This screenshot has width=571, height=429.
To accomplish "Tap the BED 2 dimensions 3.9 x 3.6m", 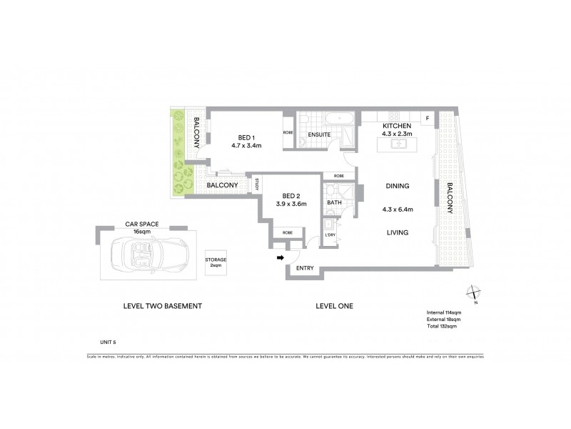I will coord(292,204).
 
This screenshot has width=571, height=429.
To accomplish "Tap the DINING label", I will coord(398,186).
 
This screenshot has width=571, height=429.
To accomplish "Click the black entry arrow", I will coord(280,257).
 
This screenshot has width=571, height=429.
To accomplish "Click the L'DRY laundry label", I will coord(330,235).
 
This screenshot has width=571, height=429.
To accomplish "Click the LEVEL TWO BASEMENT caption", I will coord(163,306).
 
